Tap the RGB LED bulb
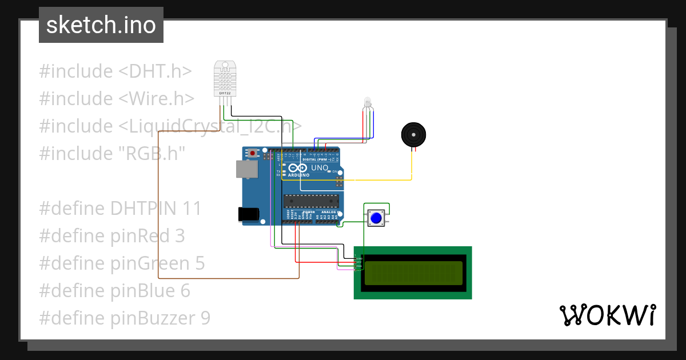pyautogui.click(x=367, y=103)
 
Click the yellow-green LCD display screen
pyautogui.click(x=413, y=273)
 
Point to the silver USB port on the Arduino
pyautogui.click(x=246, y=169)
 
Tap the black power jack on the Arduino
pyautogui.click(x=249, y=214)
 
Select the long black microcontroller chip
pyautogui.click(x=311, y=201)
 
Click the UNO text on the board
pyautogui.click(x=319, y=168)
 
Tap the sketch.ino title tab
pyautogui.click(x=101, y=25)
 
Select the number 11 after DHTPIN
pyautogui.click(x=192, y=209)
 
